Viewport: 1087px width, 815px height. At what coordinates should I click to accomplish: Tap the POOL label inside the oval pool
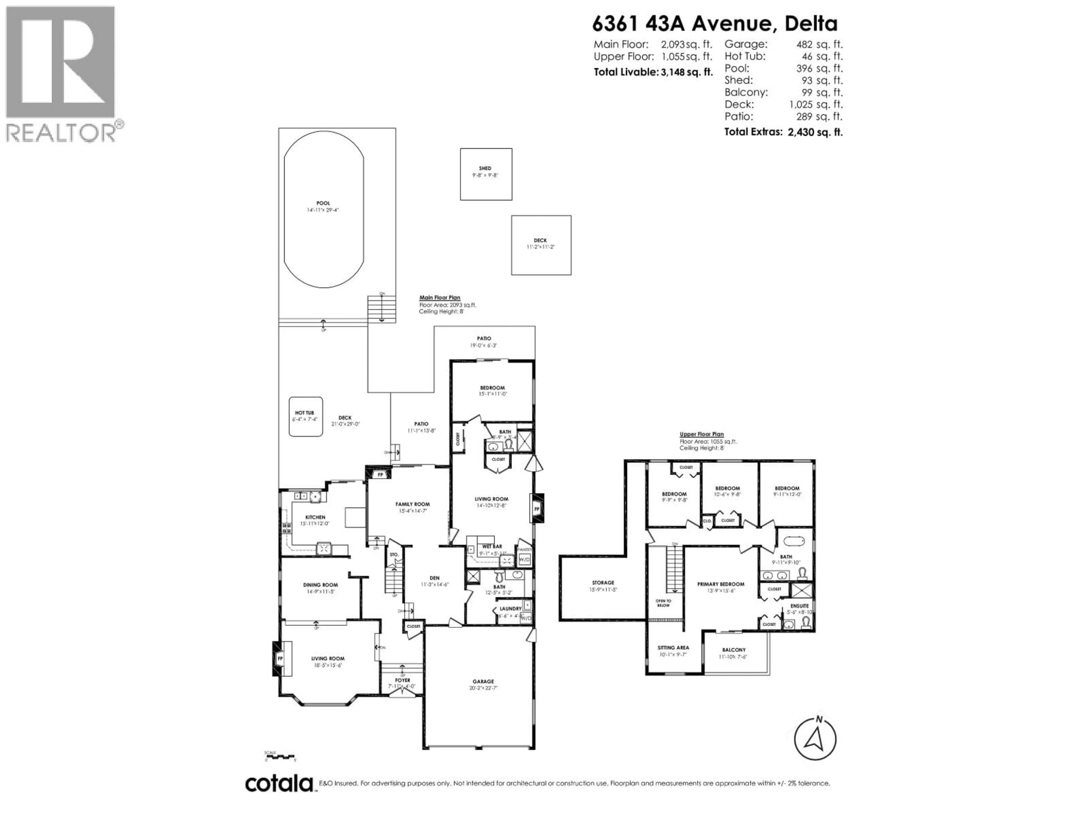pyautogui.click(x=323, y=203)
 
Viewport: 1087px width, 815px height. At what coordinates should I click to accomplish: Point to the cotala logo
pyautogui.click(x=279, y=783)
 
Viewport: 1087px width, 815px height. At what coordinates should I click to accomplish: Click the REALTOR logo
pyautogui.click(x=61, y=74)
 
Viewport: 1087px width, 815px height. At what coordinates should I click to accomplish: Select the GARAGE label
pyautogui.click(x=483, y=681)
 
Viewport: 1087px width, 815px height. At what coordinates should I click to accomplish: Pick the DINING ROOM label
pyautogui.click(x=320, y=585)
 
